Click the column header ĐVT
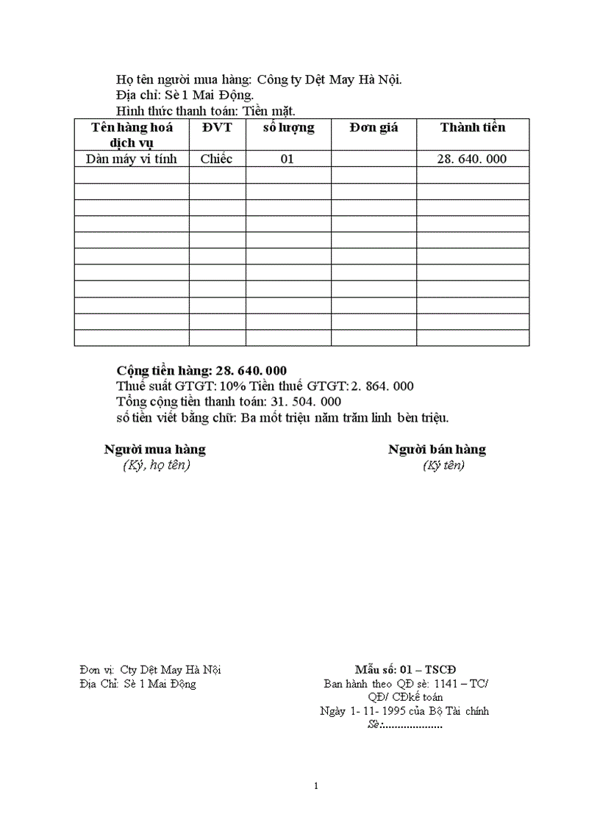coord(217,127)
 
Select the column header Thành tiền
coord(473,127)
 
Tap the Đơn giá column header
coord(374,127)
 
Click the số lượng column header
coord(288,127)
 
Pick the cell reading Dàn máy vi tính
coord(132,159)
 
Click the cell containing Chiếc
coord(216,159)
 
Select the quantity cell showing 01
coord(287,159)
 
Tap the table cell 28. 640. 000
coord(472,159)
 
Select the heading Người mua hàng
coord(154,449)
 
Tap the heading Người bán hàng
coord(437,449)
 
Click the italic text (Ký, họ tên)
coord(157,465)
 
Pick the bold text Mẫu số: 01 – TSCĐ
coord(405,669)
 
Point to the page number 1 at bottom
coord(316,786)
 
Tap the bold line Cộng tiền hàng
coord(201,370)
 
